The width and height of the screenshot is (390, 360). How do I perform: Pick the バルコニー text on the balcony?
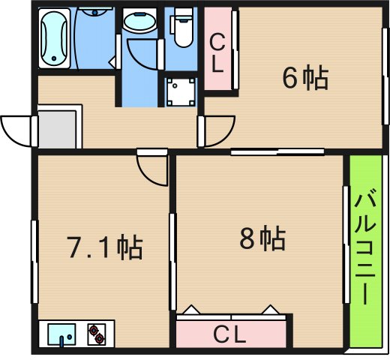pyautogui.click(x=365, y=248)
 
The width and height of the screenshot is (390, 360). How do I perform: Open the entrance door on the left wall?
pyautogui.click(x=19, y=132)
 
